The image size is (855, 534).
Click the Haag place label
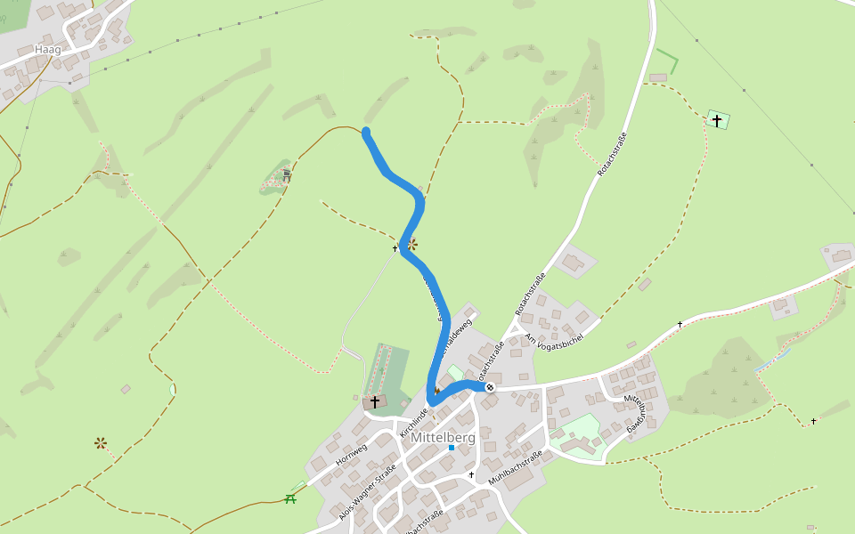[x=47, y=50]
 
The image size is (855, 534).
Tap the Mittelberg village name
[x=443, y=438]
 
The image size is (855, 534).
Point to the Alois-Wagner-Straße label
[x=367, y=492]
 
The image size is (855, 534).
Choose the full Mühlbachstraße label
[x=515, y=468]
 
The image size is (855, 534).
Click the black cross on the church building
[x=375, y=402]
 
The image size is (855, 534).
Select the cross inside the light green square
[x=717, y=119]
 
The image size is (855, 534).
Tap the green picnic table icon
[x=290, y=498]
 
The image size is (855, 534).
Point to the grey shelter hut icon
[x=287, y=175]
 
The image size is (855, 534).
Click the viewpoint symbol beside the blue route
[x=411, y=243]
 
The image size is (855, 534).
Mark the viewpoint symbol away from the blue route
[x=101, y=442]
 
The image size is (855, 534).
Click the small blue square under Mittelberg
[x=452, y=448]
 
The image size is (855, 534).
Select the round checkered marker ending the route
[x=489, y=387]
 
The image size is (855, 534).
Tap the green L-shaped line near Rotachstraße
[x=669, y=62]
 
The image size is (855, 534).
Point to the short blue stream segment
[x=773, y=360]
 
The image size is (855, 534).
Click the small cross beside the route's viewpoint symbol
[x=395, y=248]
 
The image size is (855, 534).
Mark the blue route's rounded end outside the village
[x=366, y=133]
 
